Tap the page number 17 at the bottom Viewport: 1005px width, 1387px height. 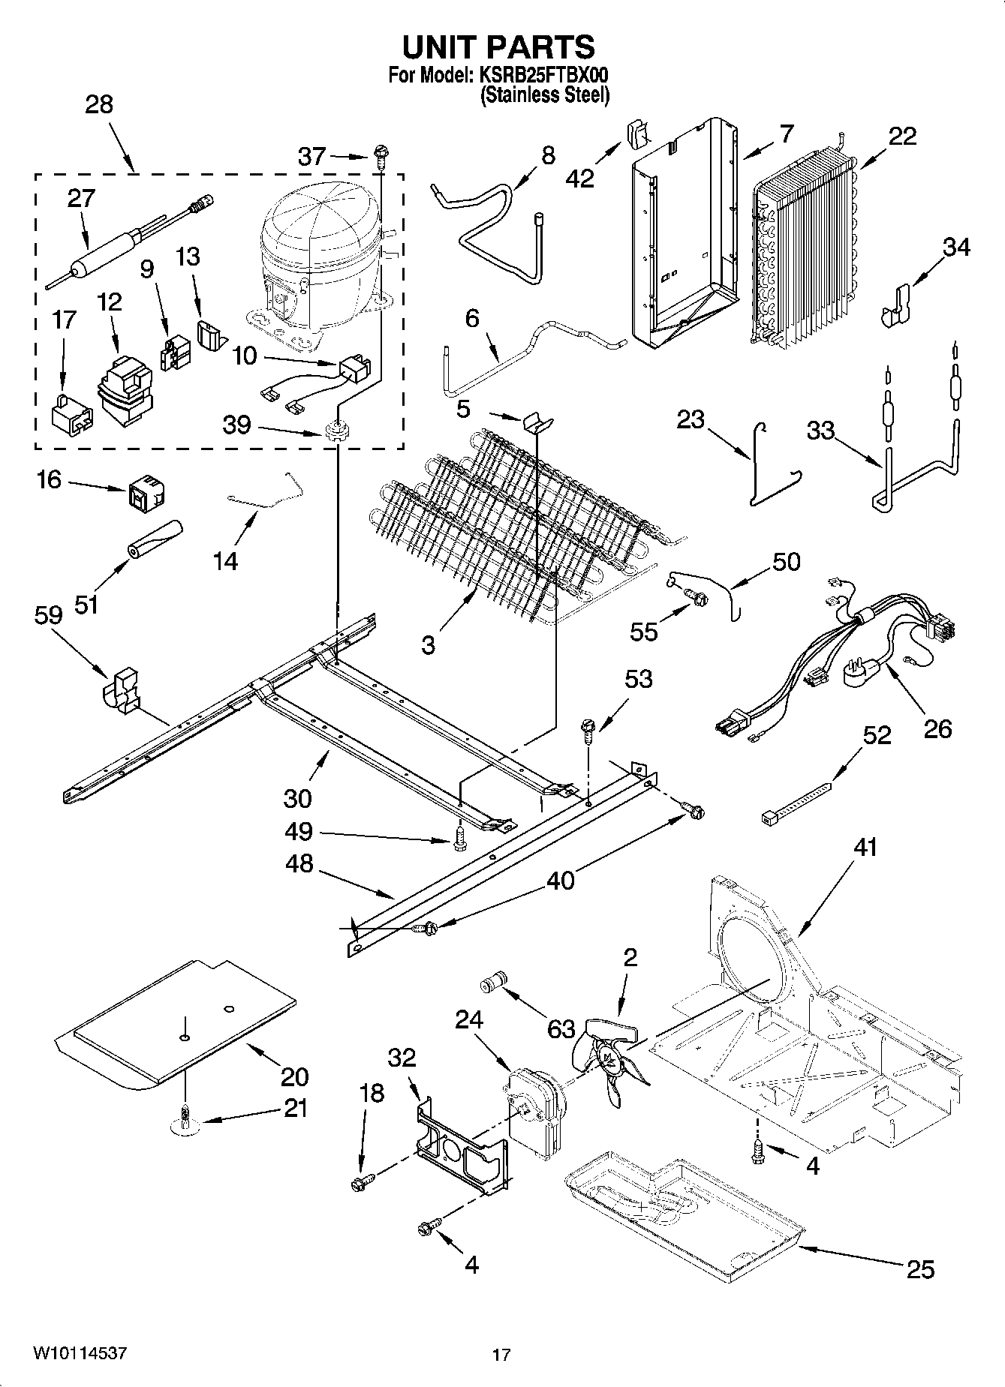click(501, 1355)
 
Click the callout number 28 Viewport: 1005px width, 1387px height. click(99, 104)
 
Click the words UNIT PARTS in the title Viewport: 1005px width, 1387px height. click(498, 47)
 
